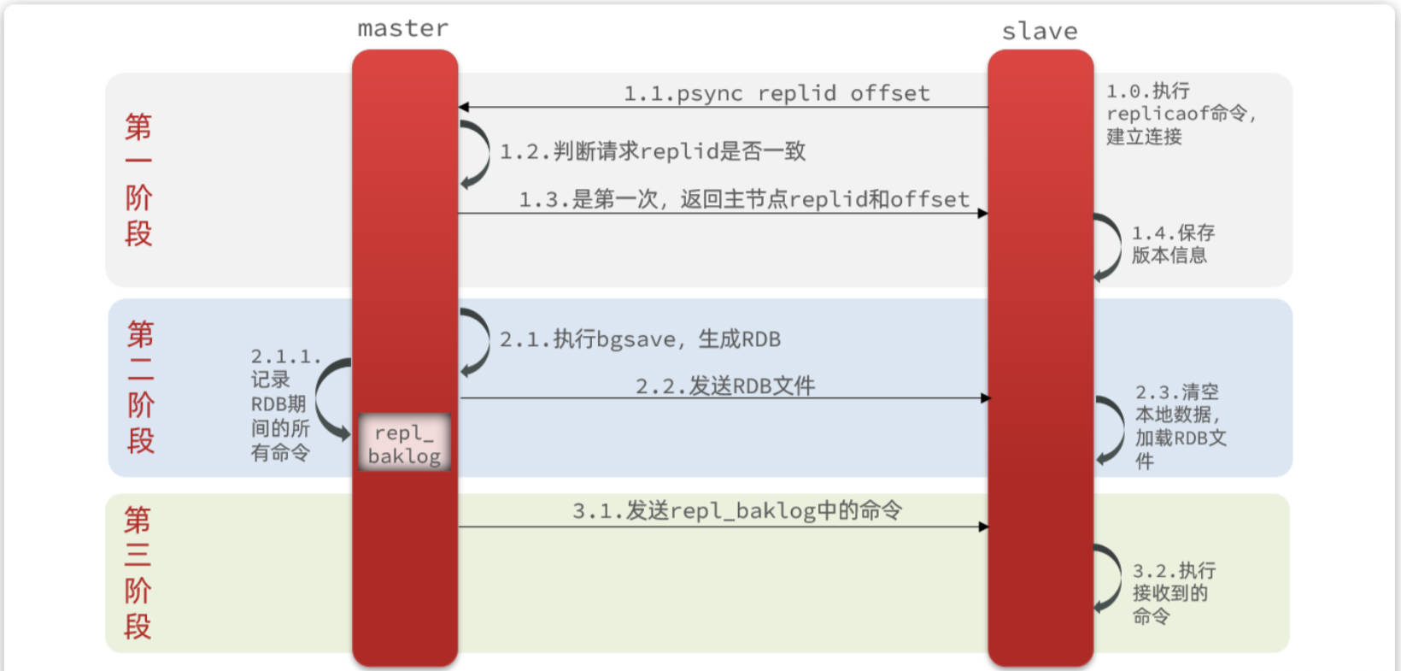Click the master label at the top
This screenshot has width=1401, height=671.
402,29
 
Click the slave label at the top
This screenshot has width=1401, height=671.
1040,32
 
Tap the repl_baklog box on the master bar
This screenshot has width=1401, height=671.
404,443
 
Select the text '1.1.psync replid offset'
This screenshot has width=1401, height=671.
776,93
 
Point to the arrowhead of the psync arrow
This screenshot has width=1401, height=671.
463,107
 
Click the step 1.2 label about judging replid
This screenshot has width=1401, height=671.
653,151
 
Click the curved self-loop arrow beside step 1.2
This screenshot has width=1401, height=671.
477,154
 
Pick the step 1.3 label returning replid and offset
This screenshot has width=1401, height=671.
744,199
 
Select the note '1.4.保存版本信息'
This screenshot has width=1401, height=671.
1172,244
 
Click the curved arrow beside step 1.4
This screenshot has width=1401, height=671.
1110,246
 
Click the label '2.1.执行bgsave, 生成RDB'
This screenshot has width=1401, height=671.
640,339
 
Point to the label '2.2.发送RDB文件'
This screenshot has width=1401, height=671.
724,386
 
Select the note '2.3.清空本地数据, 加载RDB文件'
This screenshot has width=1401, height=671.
1179,426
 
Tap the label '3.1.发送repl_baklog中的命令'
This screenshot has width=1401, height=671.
736,511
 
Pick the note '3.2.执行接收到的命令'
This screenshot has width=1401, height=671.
1172,593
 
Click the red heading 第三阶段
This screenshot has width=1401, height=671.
138,573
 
